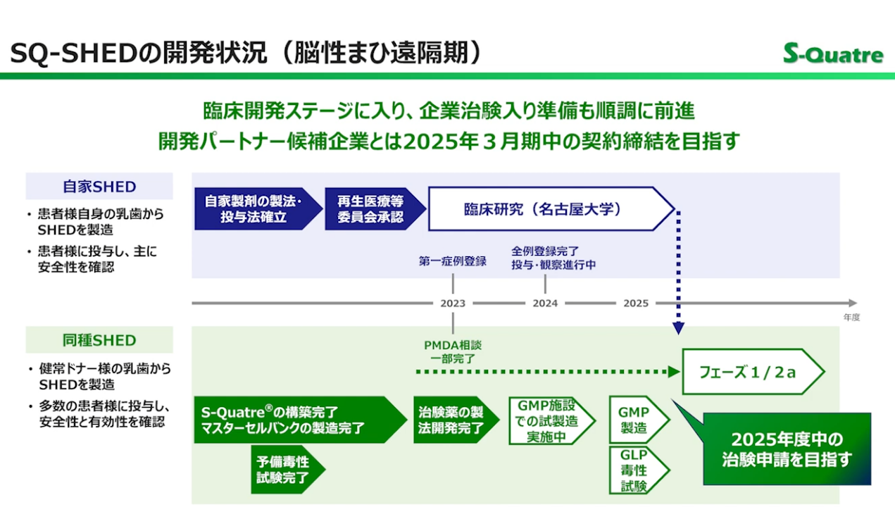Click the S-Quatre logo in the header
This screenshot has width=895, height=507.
pos(833,54)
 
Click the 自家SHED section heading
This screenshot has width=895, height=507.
pos(99,187)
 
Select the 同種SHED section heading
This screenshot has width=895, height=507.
pos(99,340)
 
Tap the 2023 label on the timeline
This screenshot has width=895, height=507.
pos(453,303)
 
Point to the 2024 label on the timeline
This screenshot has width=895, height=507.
pos(545,303)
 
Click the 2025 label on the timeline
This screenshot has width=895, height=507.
pos(636,303)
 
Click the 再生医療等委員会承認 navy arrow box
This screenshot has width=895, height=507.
pos(373,209)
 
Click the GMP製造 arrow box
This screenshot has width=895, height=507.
pos(636,420)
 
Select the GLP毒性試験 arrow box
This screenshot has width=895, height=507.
pos(636,470)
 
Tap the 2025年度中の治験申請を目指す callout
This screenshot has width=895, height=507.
pos(787,449)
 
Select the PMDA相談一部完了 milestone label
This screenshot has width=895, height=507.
pos(453,351)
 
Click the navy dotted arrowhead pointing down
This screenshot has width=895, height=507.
pos(678,327)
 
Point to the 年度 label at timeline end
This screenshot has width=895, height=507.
pos(851,318)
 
